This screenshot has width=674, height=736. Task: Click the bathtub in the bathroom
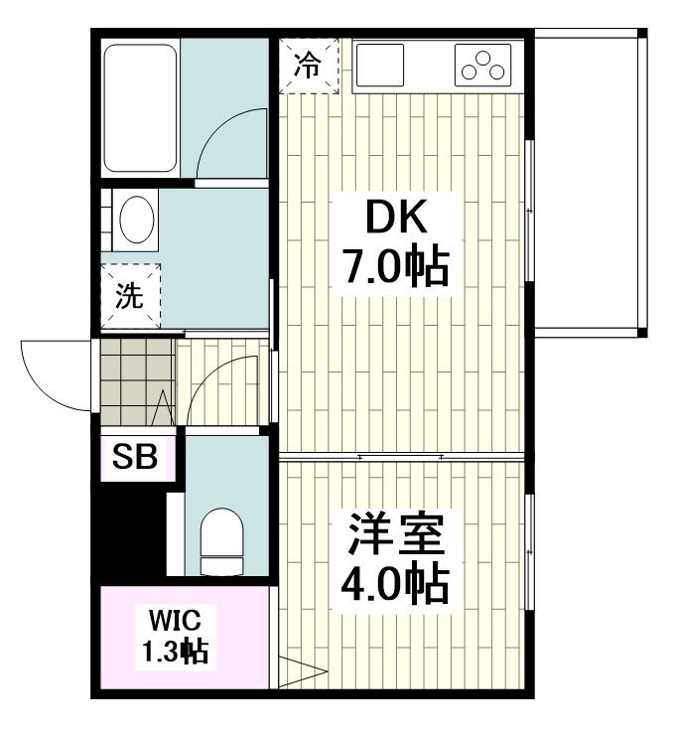point(140,108)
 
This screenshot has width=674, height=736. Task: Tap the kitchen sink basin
point(380,65)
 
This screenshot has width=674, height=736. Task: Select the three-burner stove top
point(482,65)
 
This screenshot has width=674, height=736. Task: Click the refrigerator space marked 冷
point(308,66)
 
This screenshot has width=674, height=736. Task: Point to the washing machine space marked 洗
point(130,296)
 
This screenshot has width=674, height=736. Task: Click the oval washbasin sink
point(137,220)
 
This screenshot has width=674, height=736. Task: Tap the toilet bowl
point(221,541)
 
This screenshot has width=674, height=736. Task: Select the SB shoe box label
point(135,456)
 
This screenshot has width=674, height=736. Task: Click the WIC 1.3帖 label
point(175,636)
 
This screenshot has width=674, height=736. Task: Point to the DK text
point(396,217)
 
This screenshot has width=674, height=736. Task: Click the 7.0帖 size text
point(396,267)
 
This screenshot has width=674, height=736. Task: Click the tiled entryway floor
point(137,382)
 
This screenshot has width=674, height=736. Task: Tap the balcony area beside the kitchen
point(590,183)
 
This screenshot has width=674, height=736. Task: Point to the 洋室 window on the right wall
point(529,551)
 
